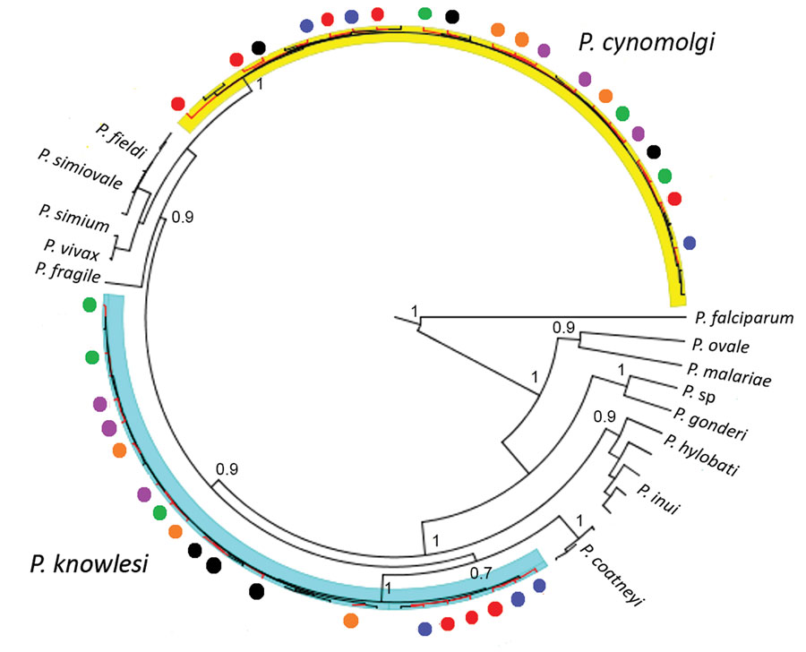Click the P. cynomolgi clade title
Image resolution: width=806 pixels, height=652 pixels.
tap(647, 43)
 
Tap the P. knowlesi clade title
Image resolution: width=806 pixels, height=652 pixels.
tap(89, 563)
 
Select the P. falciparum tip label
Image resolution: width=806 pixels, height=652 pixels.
tap(744, 318)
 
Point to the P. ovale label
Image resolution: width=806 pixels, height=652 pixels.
tap(720, 346)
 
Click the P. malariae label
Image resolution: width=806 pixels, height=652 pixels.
tap(729, 375)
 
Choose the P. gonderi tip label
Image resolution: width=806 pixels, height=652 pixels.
tap(710, 424)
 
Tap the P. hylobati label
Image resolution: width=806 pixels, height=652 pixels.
tap(701, 455)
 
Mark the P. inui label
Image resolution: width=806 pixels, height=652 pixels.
tap(658, 499)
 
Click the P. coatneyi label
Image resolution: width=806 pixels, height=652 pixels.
tap(612, 575)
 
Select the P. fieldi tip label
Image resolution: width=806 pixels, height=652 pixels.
tap(121, 140)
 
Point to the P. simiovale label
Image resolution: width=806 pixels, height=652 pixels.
tap(81, 169)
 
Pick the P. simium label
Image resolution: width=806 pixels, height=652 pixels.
tap(74, 218)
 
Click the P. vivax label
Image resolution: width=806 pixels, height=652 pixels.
tap(72, 249)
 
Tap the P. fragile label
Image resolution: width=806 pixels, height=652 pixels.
tap(68, 272)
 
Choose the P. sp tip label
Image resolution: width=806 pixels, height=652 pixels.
tap(699, 393)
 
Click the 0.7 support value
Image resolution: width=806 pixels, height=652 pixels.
tap(481, 573)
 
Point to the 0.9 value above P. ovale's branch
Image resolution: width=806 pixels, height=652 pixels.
tap(563, 327)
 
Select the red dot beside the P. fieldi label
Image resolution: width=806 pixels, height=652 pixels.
tap(178, 103)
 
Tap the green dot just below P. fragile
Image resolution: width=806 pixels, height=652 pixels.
tap(89, 305)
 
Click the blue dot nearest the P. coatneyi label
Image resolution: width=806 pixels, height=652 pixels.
tap(539, 585)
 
